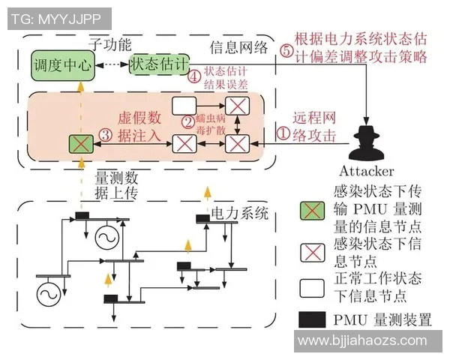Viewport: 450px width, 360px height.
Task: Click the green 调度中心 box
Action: [62, 66]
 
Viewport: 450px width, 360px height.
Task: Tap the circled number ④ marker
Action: [194, 76]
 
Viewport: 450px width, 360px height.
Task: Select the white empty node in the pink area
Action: [184, 105]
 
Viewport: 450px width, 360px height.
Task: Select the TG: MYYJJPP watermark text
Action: [57, 18]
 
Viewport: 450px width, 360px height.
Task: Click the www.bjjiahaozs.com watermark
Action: [370, 341]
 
